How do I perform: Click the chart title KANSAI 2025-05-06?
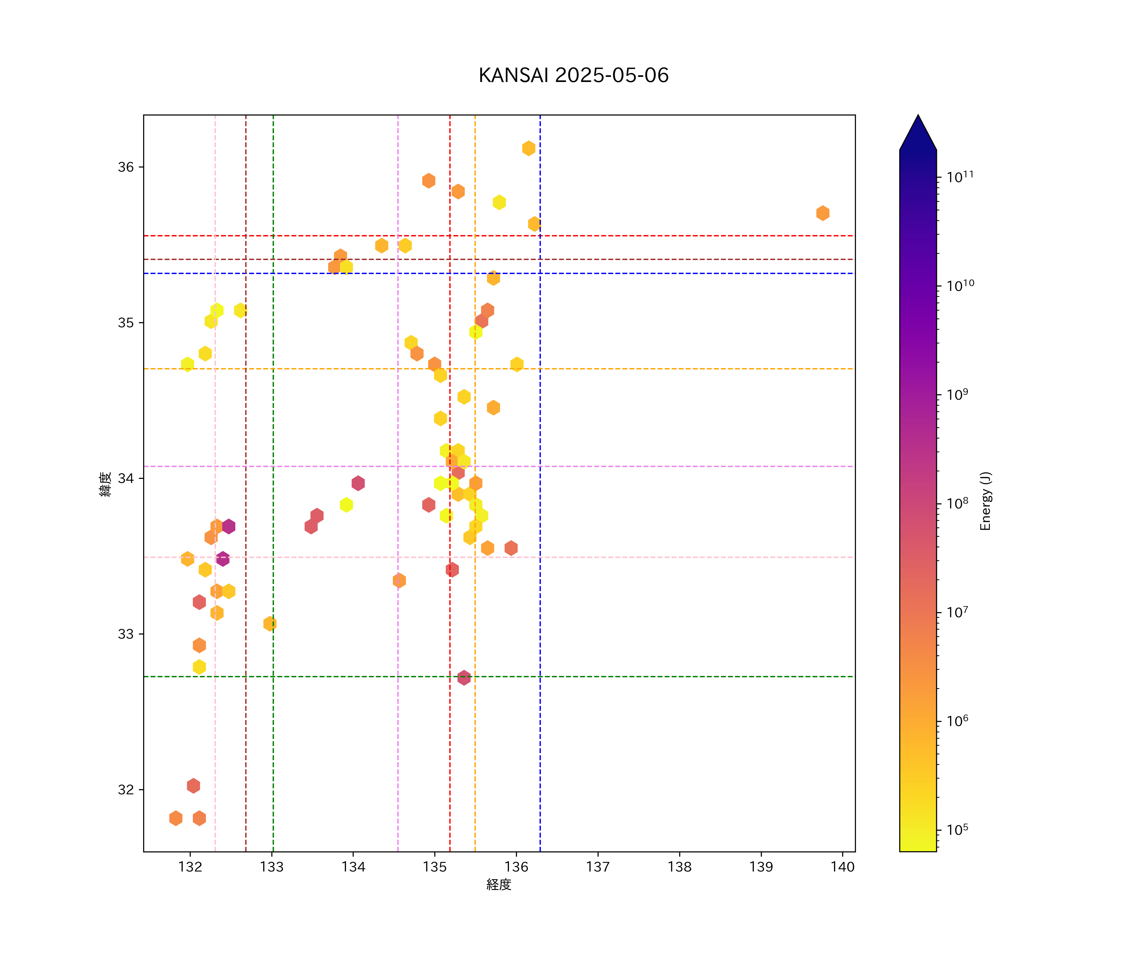(x=573, y=76)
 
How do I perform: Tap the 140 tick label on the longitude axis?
(x=843, y=867)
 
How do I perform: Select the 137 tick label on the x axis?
(x=598, y=867)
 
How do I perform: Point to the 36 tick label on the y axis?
(x=126, y=167)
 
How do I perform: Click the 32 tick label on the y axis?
(x=126, y=790)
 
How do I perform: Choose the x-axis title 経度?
(x=498, y=884)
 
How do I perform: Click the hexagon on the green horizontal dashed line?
(x=464, y=678)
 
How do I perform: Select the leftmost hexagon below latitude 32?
(x=175, y=818)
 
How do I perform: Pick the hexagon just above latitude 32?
(x=193, y=786)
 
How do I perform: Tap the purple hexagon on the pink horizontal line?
(x=223, y=559)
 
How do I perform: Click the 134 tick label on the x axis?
(x=353, y=867)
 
